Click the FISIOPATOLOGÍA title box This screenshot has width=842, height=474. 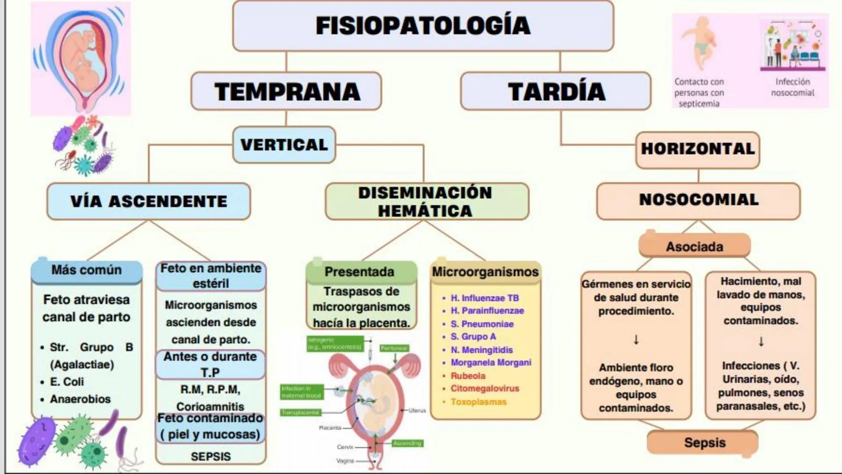pos(423,25)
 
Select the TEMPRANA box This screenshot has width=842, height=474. pos(286,91)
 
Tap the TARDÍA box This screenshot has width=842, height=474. pos(556,91)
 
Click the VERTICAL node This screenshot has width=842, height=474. pos(284,145)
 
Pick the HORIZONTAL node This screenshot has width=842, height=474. pos(697,149)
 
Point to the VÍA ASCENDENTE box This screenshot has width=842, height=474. pos(149,201)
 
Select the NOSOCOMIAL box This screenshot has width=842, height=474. pos(698,200)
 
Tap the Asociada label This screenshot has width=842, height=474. pos(694,247)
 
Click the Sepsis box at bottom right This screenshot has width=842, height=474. pos(704,442)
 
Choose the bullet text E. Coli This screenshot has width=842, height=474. pos(67,382)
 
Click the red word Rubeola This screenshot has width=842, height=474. pos(468,376)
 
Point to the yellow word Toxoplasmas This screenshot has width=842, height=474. pos(478,402)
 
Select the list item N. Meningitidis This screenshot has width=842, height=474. pos(482,350)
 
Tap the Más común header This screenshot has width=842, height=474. pos(86,270)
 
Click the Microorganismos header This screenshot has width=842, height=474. pos(485,272)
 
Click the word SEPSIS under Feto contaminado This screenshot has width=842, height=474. pos(210,456)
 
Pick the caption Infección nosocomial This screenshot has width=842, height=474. pos(792,87)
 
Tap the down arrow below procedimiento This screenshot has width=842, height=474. pos(636,340)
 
